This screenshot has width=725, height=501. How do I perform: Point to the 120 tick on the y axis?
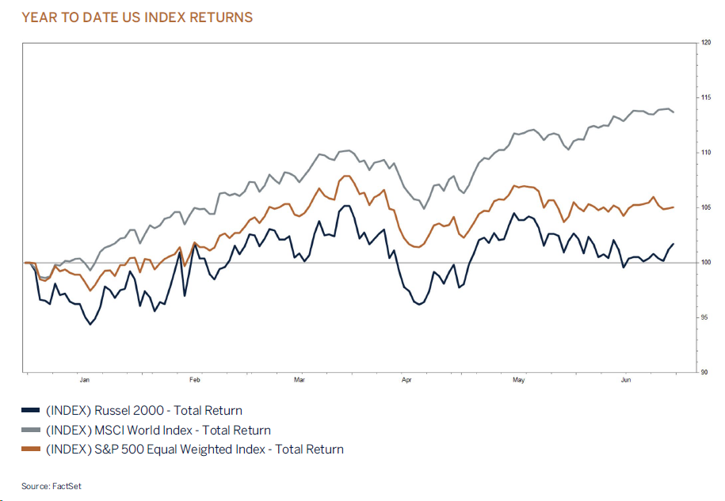click(705, 43)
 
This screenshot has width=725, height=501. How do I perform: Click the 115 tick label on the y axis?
click(705, 97)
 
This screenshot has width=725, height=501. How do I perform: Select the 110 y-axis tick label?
click(705, 152)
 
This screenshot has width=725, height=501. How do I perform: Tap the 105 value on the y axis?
click(705, 207)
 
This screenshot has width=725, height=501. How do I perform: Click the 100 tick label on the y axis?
click(705, 262)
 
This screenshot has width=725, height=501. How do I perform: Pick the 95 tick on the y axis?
click(705, 317)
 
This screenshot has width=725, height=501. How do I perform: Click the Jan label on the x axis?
click(85, 380)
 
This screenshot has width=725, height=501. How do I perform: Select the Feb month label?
click(195, 380)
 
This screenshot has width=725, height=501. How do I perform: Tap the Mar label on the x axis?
click(300, 380)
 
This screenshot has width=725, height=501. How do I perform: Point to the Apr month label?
click(407, 380)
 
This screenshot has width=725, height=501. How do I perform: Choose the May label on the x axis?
click(518, 380)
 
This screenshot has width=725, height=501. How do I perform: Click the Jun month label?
click(625, 380)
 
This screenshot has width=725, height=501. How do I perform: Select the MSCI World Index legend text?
click(158, 431)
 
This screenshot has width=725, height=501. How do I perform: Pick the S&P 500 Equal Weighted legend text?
click(195, 450)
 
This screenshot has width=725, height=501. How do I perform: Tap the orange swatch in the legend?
click(30, 450)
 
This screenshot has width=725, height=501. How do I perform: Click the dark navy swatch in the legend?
click(30, 411)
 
